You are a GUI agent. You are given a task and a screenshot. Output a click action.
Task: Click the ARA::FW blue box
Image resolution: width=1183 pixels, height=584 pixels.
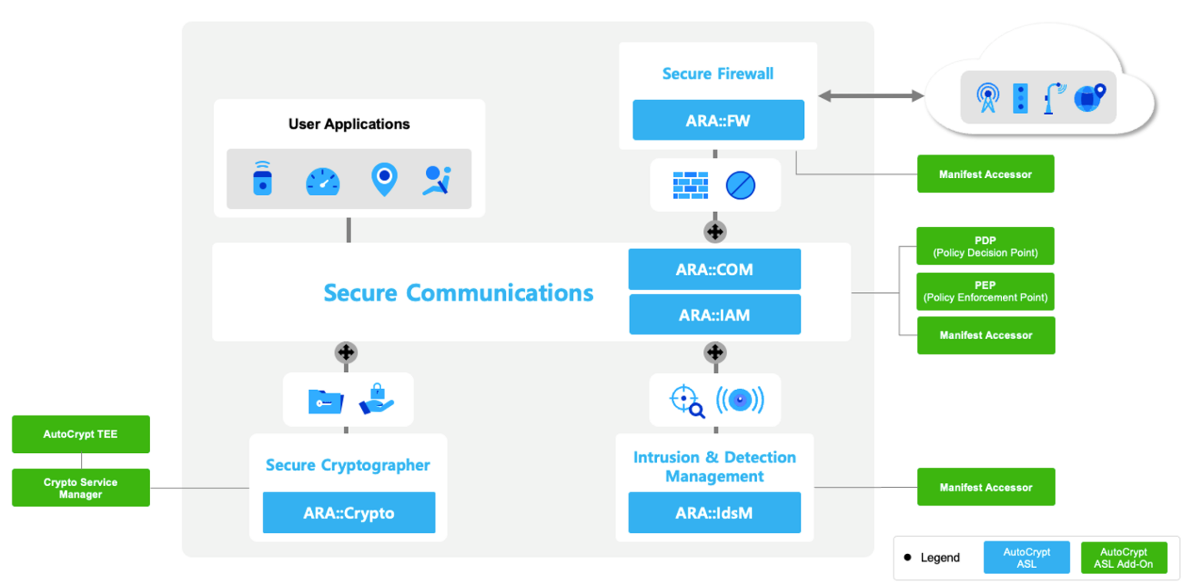coord(718,120)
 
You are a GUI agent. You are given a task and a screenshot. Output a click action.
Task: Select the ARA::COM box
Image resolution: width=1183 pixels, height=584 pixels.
coord(714,270)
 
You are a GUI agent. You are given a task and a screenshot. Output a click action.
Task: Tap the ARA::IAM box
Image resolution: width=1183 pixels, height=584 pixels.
coord(714,314)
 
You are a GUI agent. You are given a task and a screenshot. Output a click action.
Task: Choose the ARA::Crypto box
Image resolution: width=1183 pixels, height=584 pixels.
coord(349,512)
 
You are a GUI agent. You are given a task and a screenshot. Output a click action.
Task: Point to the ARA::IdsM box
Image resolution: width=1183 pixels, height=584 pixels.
coord(714,512)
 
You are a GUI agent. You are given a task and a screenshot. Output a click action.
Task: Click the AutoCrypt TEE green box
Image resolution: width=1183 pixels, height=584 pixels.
coord(81,435)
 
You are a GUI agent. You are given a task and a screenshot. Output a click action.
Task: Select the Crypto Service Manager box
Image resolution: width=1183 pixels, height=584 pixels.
coord(81,488)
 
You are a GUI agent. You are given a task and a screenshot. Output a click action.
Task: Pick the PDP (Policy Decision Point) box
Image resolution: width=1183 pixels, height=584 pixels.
coord(985,246)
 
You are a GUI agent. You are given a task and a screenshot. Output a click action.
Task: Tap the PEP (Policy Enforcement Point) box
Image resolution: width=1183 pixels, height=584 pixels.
coord(985,291)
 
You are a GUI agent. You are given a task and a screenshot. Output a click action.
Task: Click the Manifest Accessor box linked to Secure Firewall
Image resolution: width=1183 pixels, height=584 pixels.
coord(985,174)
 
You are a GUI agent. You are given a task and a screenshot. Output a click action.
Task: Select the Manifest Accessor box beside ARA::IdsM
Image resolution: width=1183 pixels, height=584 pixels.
coord(985,487)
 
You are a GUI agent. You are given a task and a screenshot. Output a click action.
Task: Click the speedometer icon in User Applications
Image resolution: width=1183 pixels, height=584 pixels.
coord(322,180)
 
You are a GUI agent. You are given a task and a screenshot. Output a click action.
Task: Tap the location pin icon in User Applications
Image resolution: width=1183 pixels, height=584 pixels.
coord(384,179)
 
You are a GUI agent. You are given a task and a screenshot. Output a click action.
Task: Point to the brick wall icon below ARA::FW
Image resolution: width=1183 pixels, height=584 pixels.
coord(690,185)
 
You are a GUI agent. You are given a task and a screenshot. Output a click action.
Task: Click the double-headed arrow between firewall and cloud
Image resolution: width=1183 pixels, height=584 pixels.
coord(870,96)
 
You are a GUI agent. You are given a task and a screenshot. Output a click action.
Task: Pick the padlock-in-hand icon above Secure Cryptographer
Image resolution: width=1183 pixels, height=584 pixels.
coord(376,399)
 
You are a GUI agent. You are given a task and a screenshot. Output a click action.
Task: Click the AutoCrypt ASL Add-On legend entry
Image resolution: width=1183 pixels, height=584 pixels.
coord(1123,558)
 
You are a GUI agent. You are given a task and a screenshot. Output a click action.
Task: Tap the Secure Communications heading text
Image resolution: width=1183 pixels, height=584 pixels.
coord(458,293)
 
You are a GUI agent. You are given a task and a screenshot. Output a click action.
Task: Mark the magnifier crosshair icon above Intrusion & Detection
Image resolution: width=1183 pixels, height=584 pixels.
coord(686,401)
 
